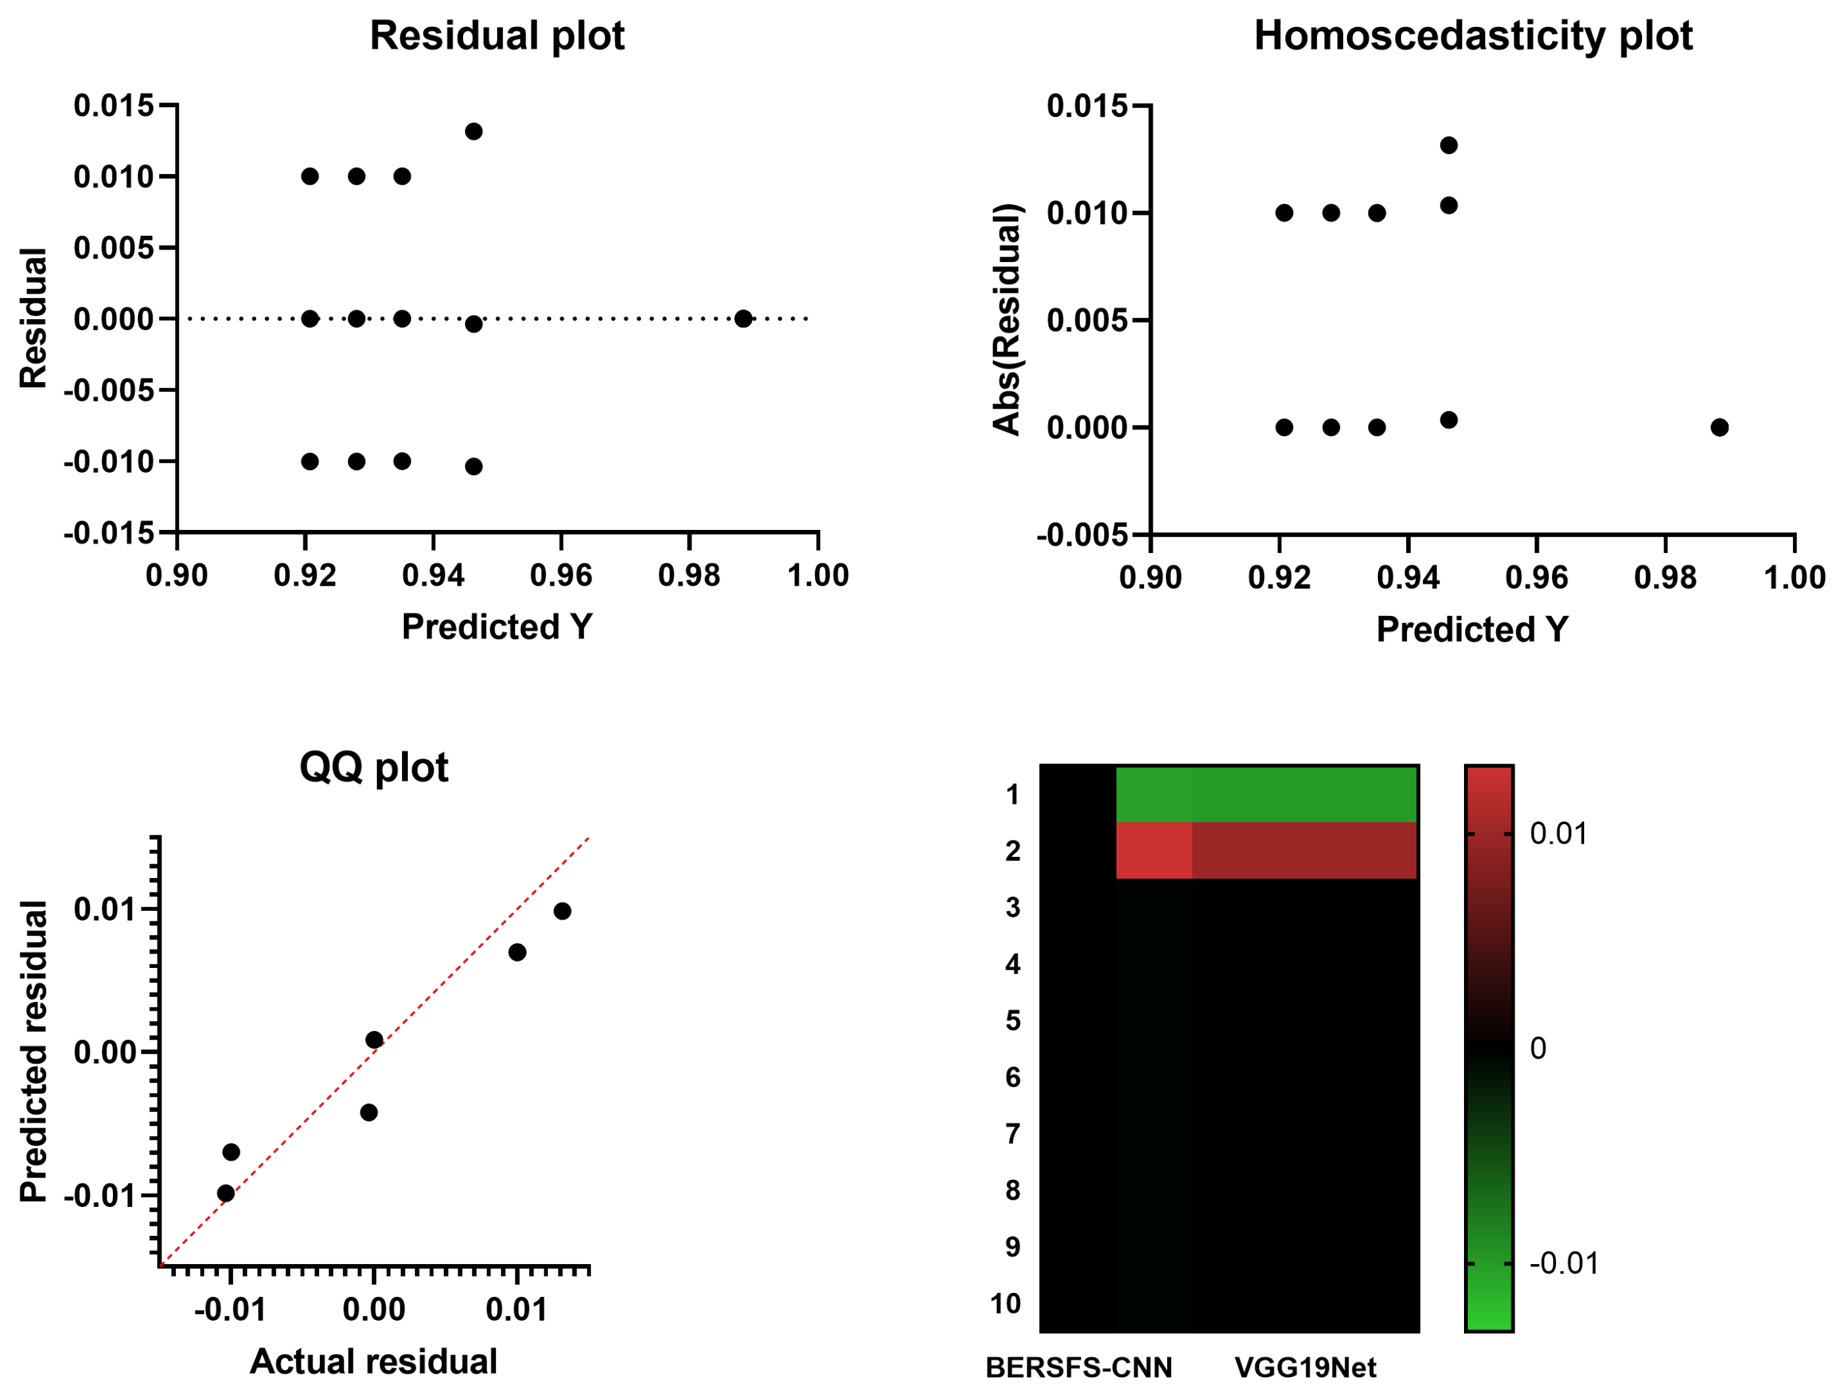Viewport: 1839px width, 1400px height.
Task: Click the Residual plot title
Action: point(497,36)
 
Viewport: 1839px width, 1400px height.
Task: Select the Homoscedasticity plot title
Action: point(1473,36)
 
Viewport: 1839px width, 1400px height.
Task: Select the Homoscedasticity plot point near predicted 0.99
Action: point(1719,427)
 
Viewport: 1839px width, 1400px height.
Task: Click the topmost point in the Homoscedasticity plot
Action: point(1448,145)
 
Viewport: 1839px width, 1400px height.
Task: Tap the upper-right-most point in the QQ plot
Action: point(562,911)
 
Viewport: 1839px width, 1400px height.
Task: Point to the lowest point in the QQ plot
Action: point(226,1193)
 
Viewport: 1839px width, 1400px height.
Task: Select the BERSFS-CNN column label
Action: point(1078,1368)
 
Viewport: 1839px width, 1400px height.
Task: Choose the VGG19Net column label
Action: point(1305,1368)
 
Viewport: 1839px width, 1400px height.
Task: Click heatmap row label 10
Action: point(1005,1303)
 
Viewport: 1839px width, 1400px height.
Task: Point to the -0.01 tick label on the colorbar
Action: point(1564,1263)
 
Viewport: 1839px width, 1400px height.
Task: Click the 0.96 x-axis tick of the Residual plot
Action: point(561,575)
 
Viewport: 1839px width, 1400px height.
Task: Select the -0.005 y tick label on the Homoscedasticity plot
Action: point(1082,535)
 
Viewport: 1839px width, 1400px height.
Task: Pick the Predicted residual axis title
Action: point(33,1052)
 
